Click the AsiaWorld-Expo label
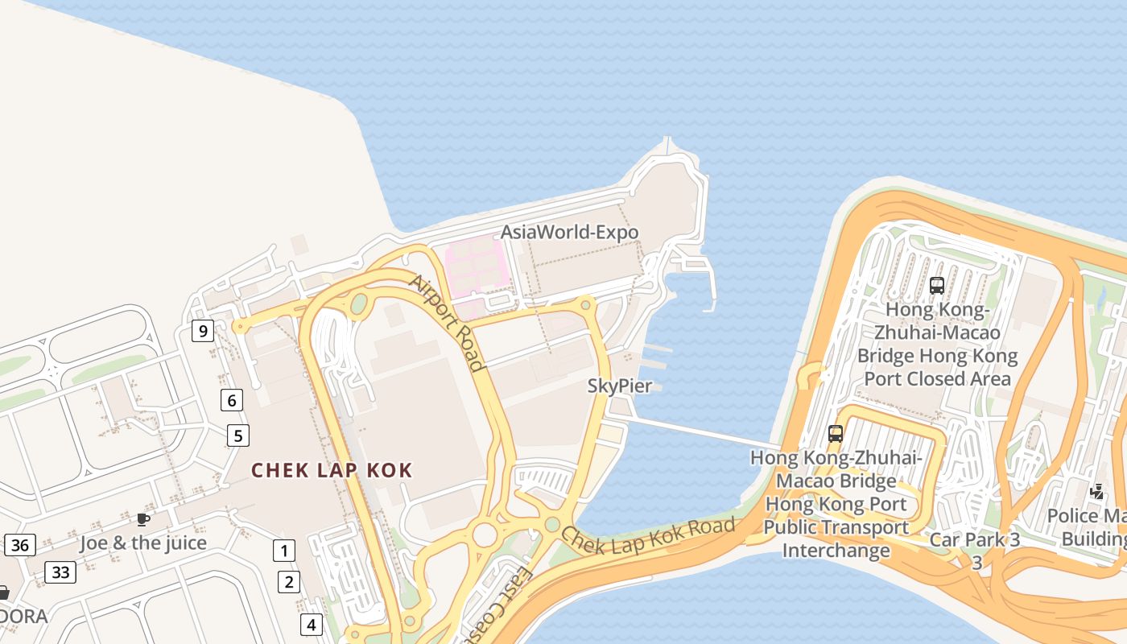[569, 233]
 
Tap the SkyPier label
[619, 386]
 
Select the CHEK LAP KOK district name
[332, 470]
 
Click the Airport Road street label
[448, 323]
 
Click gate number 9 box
[202, 331]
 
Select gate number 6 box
[232, 399]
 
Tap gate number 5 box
[237, 436]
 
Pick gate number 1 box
[283, 551]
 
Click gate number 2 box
[289, 581]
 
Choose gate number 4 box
[311, 624]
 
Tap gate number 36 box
[20, 545]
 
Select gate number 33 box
[60, 572]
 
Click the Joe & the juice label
[143, 543]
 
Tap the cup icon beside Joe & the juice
[143, 520]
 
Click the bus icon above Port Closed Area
[936, 285]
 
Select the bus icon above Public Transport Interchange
[836, 434]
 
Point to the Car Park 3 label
[974, 540]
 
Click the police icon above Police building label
[1096, 491]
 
